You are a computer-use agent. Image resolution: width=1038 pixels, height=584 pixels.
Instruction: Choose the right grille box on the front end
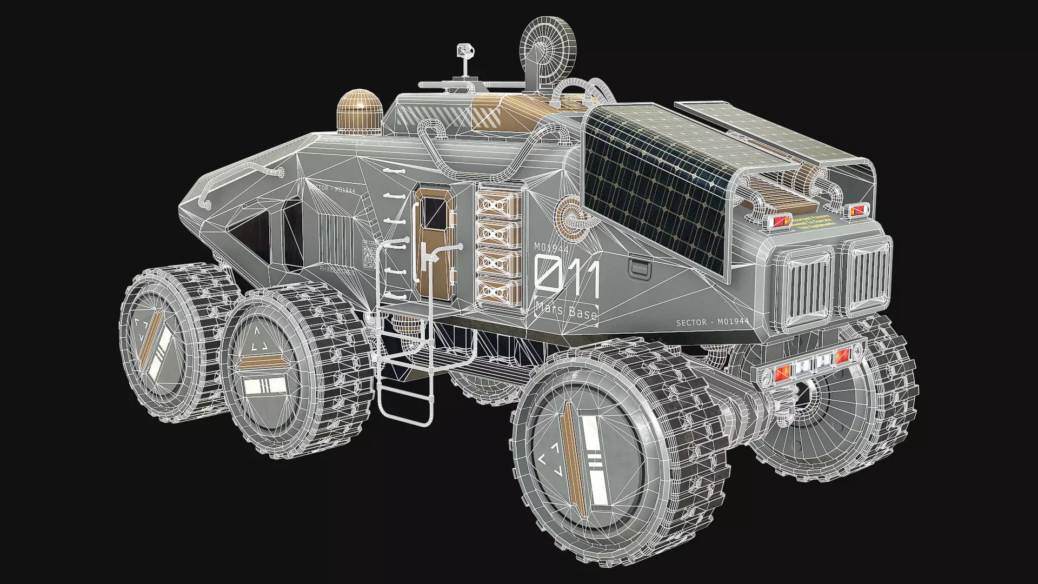point(867,277)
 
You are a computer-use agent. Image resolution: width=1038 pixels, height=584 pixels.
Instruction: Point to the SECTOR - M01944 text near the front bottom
point(712,322)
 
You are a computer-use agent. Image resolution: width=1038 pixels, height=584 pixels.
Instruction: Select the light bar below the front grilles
point(804,368)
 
